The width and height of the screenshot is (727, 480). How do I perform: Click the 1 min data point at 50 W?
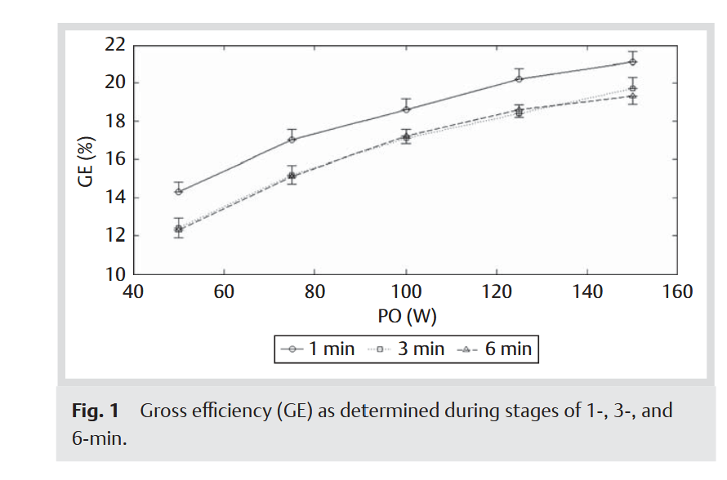coord(179,191)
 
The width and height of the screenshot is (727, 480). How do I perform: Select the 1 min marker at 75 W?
coord(292,140)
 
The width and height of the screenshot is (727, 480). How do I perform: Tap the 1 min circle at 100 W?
coord(406,109)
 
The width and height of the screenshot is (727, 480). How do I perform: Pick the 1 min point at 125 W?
coord(519,78)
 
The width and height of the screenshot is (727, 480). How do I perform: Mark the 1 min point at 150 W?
coord(632,61)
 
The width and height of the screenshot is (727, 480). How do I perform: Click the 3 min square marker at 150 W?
coord(632,88)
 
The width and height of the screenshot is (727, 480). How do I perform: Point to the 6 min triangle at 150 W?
coord(632,96)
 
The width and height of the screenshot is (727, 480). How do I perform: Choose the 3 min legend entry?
coord(406,349)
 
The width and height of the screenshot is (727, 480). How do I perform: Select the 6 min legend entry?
coord(494,349)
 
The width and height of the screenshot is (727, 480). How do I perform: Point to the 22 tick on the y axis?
coord(114,44)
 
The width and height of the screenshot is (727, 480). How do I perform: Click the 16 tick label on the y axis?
coord(114,159)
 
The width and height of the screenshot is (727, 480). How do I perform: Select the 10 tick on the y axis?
coord(114,274)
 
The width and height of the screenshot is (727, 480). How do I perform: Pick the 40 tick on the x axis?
coord(134,291)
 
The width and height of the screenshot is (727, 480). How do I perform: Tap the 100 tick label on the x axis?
coord(406,291)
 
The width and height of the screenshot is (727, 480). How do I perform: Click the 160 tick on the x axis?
coord(677,291)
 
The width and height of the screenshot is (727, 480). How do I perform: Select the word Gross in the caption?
coord(163,411)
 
